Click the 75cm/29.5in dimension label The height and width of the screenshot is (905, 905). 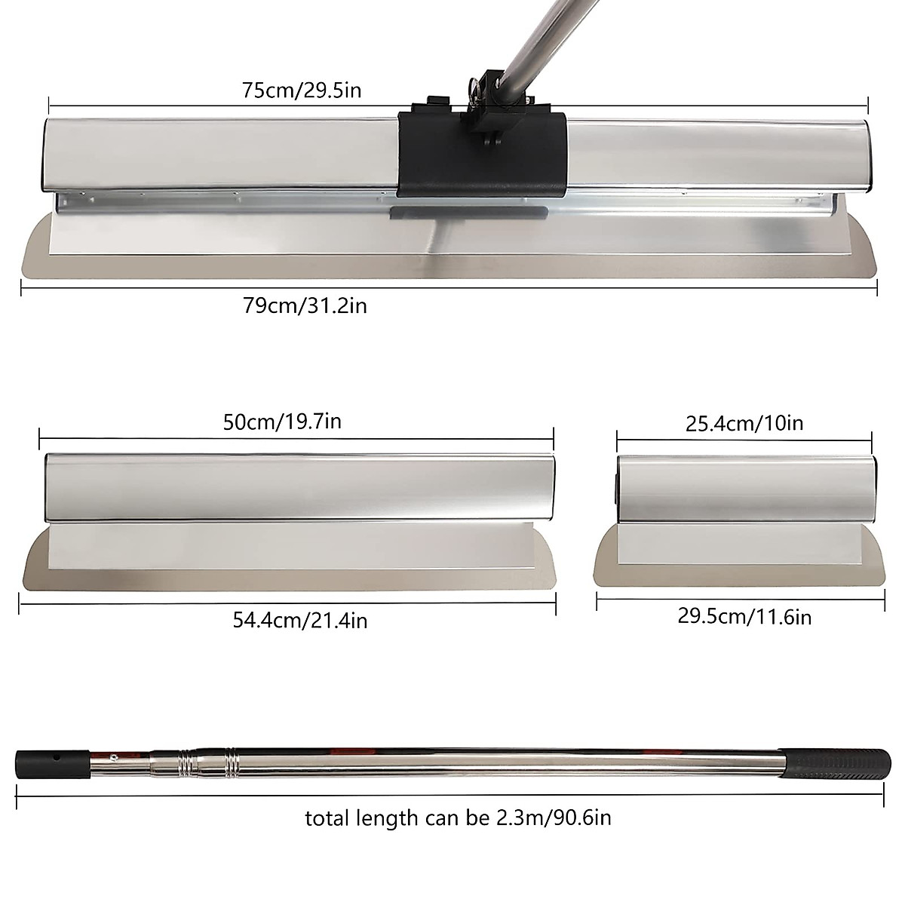coord(302,90)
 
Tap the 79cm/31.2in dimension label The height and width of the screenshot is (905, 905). coord(305,305)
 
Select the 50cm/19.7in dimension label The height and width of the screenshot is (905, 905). coord(282,421)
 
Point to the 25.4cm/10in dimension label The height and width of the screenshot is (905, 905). coord(744,422)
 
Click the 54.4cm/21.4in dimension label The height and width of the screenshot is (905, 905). coord(300,620)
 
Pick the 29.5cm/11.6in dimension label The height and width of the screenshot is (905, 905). coord(744,616)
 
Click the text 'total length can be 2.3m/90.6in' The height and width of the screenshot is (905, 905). coord(458,818)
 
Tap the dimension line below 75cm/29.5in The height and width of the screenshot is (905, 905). coord(226,106)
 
